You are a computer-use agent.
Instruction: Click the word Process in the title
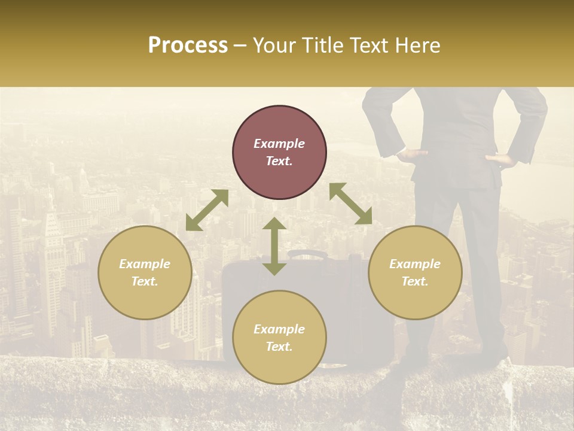(188, 45)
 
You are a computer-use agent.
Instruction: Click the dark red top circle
(279, 152)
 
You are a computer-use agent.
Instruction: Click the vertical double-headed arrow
(274, 246)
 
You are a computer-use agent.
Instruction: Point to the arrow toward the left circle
(207, 210)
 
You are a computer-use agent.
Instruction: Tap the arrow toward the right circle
(350, 204)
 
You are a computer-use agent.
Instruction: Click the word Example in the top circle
(279, 144)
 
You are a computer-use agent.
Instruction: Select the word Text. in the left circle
(145, 281)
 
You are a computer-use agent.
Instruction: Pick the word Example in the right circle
(415, 264)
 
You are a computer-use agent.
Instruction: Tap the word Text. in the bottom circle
(279, 347)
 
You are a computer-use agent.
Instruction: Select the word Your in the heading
(273, 45)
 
